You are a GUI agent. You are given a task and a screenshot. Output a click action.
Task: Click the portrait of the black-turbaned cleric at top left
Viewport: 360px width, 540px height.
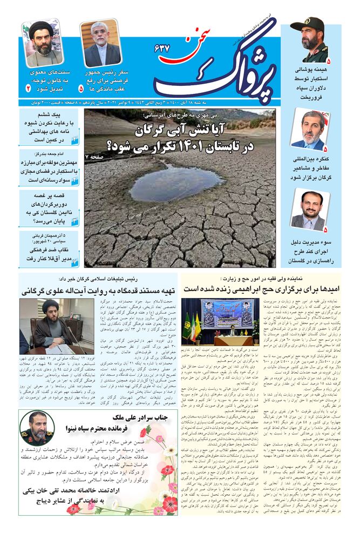click(43, 44)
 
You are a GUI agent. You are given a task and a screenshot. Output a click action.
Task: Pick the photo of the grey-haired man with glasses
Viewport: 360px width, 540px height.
click(101, 44)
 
